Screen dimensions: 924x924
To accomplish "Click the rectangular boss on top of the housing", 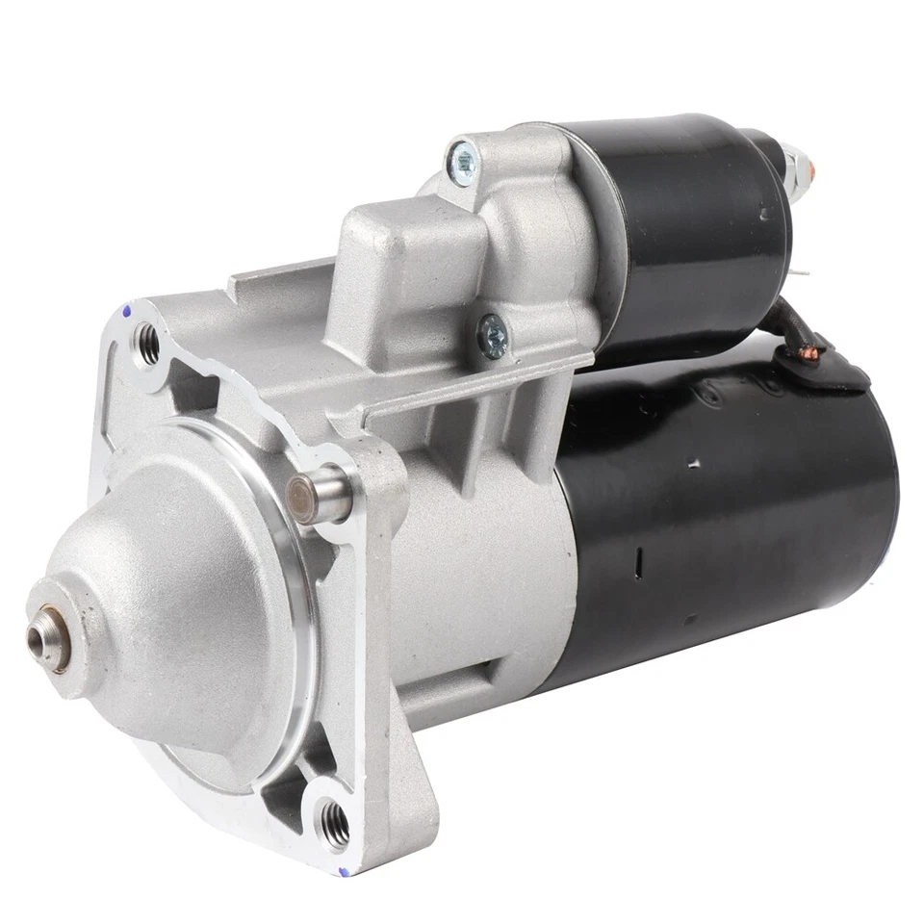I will point(385,241).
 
